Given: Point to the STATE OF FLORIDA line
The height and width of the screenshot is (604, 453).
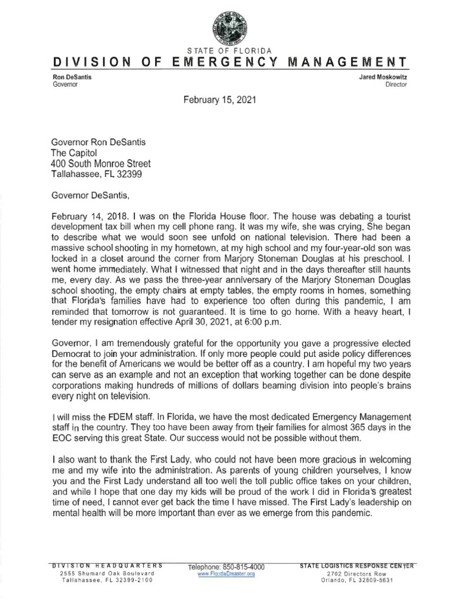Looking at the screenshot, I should (226, 50).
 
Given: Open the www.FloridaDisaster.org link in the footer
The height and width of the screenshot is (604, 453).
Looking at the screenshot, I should (226, 575).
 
